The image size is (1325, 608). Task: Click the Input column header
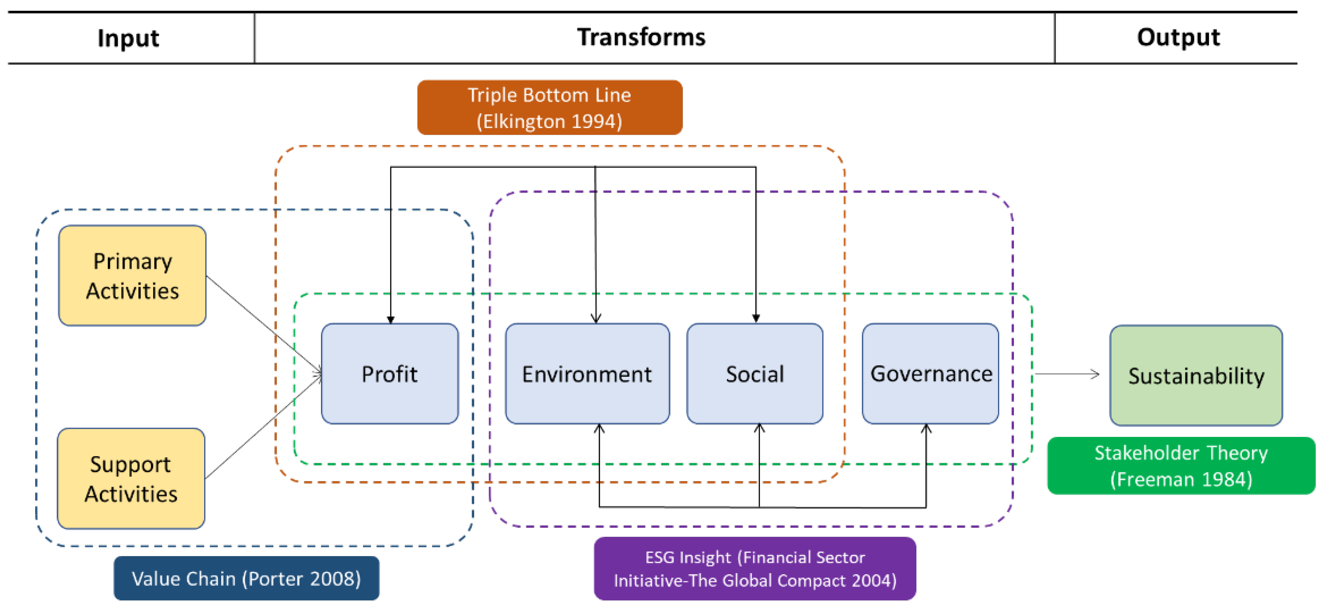click(x=128, y=39)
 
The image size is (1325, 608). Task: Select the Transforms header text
click(x=641, y=37)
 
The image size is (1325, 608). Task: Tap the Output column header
click(x=1178, y=37)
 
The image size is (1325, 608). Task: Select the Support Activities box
click(x=131, y=478)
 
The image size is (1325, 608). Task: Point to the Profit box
click(x=389, y=374)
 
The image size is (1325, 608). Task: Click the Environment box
click(x=587, y=374)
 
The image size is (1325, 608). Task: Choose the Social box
click(x=755, y=374)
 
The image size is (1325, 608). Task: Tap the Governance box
click(x=930, y=374)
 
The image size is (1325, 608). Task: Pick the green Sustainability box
click(x=1196, y=376)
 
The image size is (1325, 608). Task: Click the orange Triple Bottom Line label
click(x=549, y=108)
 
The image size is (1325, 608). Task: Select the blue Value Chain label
click(x=246, y=578)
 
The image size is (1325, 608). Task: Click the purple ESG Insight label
click(x=755, y=568)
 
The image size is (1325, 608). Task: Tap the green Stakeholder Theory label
click(x=1181, y=465)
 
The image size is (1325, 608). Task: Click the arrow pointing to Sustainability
click(x=1067, y=374)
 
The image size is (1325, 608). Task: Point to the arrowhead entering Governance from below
click(x=926, y=428)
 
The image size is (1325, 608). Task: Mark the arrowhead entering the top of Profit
click(x=390, y=320)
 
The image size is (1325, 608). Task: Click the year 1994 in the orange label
click(x=597, y=121)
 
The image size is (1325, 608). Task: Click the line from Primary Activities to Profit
click(x=262, y=323)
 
